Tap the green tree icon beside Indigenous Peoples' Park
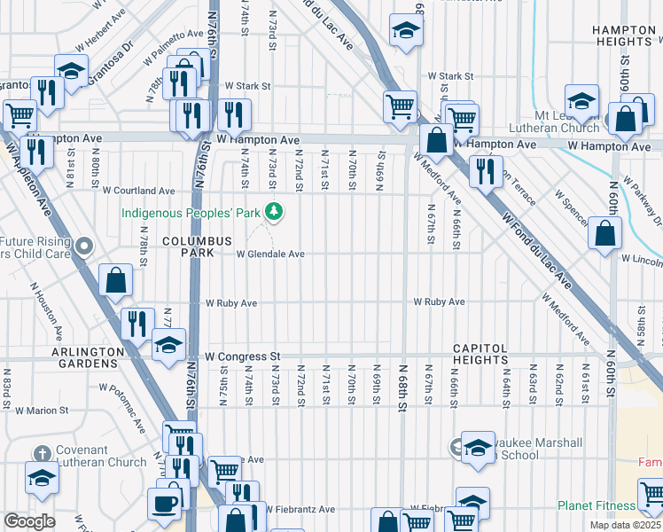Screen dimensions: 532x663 [275, 212]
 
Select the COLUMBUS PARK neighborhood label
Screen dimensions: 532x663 [197, 246]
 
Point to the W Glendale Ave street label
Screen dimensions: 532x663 [270, 254]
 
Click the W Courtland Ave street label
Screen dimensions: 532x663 [139, 191]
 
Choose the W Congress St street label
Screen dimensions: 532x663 [242, 356]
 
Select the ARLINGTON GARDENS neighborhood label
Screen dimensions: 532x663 [88, 357]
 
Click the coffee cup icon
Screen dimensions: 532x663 [165, 502]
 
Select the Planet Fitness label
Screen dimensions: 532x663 [597, 506]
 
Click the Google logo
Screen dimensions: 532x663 [29, 521]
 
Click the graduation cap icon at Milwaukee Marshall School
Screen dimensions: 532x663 [477, 448]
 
